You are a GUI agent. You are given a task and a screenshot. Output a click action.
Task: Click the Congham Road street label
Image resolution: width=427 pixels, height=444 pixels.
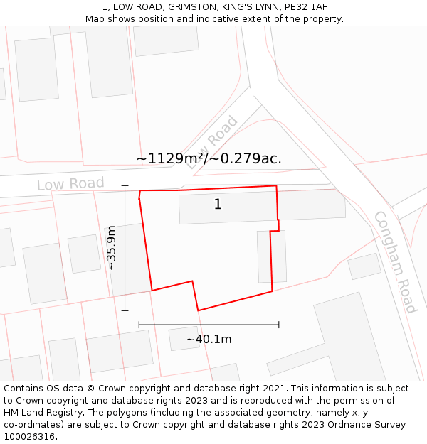395,262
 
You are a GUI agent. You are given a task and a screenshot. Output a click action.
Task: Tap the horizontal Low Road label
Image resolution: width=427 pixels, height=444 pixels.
70,184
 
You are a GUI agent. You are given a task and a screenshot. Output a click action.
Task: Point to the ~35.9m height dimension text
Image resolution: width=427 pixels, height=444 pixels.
111,248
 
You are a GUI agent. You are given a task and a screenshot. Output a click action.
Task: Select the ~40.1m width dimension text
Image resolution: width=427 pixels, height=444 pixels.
209,339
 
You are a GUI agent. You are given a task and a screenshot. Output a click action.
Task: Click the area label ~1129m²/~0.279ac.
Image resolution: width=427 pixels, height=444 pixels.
209,158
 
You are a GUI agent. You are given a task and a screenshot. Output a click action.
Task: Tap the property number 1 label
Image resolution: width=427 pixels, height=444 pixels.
218,205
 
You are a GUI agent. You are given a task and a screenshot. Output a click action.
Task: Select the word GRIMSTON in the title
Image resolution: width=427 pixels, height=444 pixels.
191,7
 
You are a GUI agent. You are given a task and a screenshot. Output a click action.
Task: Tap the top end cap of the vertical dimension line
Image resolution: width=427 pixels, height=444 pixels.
125,186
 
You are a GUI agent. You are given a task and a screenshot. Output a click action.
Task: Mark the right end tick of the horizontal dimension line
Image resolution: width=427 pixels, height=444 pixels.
279,325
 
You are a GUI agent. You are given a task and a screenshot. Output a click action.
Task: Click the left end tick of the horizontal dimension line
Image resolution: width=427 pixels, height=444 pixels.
139,325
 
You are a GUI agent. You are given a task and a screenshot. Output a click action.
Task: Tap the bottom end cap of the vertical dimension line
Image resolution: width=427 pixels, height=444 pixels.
125,310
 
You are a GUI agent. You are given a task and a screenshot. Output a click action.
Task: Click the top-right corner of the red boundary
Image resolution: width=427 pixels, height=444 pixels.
276,186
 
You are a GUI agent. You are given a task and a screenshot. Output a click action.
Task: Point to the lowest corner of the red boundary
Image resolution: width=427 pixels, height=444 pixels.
198,310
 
